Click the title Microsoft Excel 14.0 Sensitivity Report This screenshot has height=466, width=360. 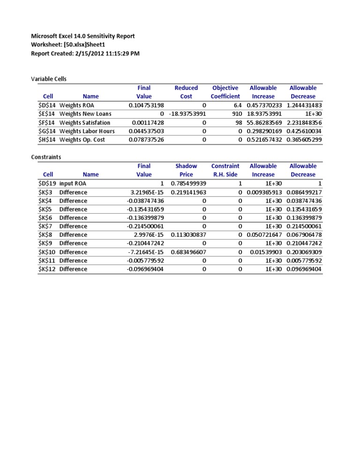point(82,36)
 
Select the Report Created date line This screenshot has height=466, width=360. point(85,53)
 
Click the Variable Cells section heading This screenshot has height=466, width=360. point(49,79)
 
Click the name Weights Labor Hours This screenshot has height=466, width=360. point(87,131)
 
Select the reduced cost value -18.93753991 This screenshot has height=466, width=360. point(187,114)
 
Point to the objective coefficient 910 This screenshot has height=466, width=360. point(237,114)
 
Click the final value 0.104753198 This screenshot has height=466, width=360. point(146,105)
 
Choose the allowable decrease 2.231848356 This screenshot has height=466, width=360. point(303,123)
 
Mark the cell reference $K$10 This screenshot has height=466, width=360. point(47,252)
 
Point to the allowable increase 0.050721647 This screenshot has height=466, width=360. point(264,235)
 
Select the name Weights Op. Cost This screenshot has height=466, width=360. point(82,140)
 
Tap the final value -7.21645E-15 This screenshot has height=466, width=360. point(146,252)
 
